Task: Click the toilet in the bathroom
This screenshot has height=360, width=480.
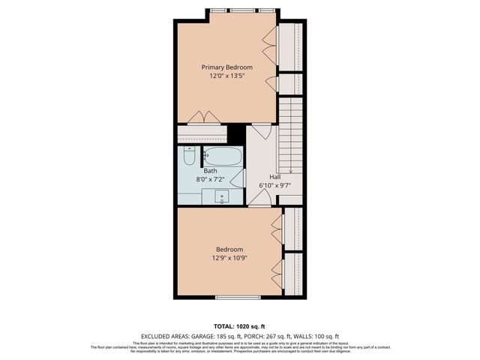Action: [x=189, y=159]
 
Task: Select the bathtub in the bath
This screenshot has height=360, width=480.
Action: [x=223, y=157]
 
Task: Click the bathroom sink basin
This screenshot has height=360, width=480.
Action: [x=222, y=196]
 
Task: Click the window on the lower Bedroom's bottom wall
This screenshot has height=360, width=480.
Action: [x=238, y=298]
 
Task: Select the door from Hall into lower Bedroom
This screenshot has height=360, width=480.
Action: [x=259, y=198]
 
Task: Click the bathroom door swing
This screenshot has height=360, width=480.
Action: [x=238, y=178]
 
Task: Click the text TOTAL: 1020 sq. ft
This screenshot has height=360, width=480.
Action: [x=239, y=327]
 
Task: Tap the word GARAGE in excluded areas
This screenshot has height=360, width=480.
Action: [x=202, y=335]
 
